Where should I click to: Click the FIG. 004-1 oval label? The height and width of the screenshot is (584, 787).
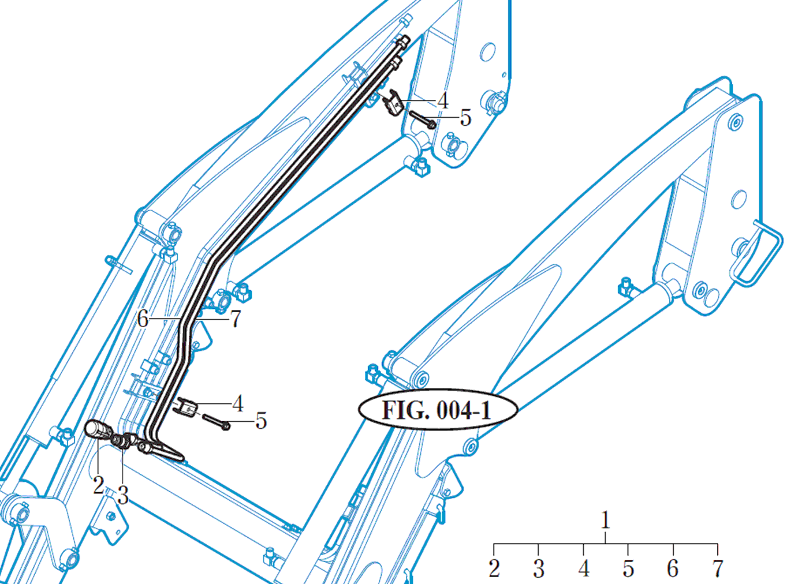coord(438,410)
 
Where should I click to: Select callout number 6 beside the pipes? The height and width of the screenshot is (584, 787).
coord(143,319)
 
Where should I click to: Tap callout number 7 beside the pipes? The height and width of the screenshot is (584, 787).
coord(236,319)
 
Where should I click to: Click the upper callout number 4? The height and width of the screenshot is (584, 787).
coord(442,101)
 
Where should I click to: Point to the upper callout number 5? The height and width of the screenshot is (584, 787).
coord(465,117)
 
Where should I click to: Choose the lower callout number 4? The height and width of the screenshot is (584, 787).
coord(237,403)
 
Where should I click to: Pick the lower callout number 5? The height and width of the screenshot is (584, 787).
coord(261,421)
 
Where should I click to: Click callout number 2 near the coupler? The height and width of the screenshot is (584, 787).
coord(98,485)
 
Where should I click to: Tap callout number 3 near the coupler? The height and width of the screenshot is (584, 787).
coord(122,495)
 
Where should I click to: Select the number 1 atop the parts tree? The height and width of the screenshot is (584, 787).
coord(605,521)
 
